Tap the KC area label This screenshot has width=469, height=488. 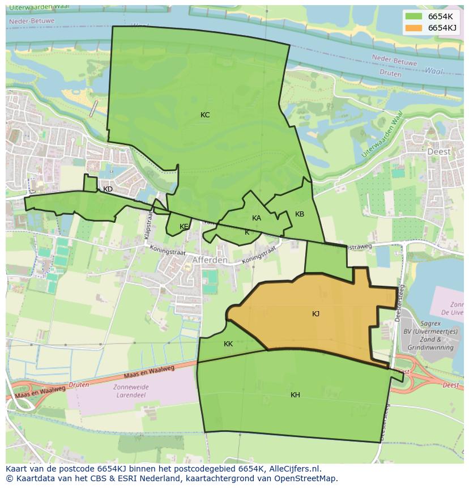(x=205, y=115)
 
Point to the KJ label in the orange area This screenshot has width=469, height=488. (x=315, y=314)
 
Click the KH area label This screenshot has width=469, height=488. (x=295, y=395)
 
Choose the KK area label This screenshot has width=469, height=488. (x=228, y=344)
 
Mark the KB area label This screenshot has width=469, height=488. (x=300, y=214)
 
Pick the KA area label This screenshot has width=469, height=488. (x=257, y=218)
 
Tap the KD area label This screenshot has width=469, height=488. (x=108, y=189)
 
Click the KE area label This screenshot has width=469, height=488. (x=184, y=227)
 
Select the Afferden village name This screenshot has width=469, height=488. (x=210, y=260)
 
